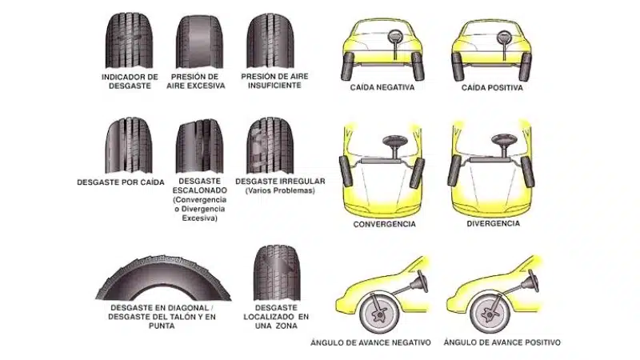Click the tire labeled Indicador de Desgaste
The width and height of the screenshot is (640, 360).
point(130,41)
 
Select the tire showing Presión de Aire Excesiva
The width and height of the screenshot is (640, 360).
point(199,42)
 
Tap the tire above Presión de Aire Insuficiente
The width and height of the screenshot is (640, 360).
point(270,41)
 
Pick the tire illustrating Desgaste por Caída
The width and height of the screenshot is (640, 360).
point(129,146)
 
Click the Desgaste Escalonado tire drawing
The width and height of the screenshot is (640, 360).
point(199,146)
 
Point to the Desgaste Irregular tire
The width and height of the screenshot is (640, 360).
point(270,146)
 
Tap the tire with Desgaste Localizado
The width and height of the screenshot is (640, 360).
point(277,273)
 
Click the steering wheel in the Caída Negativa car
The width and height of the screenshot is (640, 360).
point(395,37)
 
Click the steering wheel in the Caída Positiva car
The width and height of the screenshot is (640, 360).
point(505,38)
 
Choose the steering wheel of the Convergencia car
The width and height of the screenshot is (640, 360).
point(395,141)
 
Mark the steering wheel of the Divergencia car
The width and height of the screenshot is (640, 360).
point(505,140)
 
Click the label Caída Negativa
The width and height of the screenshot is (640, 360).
point(382,87)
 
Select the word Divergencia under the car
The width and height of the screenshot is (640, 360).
point(493,224)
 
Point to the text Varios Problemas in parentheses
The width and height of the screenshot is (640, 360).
point(281,190)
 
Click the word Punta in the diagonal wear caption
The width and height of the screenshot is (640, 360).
point(162,326)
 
